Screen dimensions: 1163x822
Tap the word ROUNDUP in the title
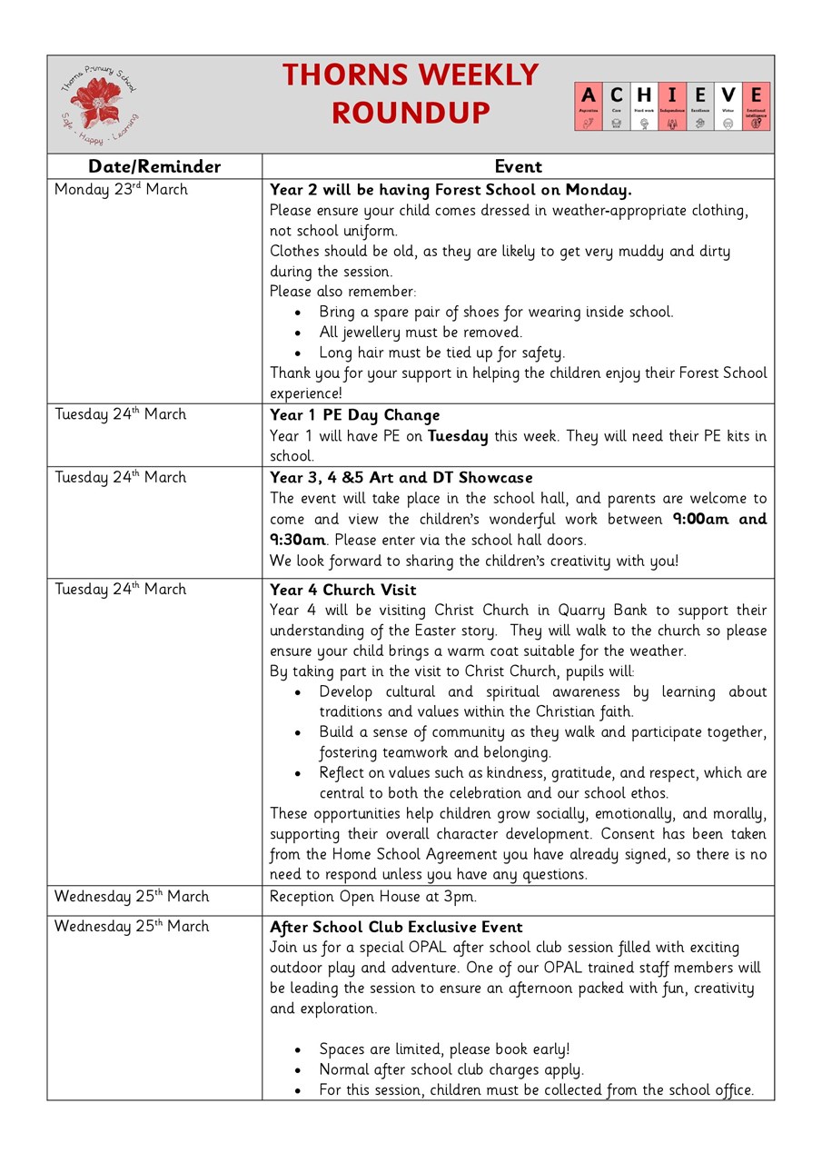click(411, 114)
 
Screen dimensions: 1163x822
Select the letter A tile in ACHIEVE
click(589, 106)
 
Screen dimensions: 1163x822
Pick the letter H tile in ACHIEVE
click(644, 106)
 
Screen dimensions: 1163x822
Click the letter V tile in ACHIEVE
click(728, 106)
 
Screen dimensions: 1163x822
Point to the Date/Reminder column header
click(154, 166)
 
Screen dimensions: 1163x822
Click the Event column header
click(518, 166)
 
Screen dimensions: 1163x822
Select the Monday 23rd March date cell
click(122, 190)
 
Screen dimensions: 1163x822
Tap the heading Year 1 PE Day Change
click(354, 415)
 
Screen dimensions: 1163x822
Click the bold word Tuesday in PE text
click(458, 436)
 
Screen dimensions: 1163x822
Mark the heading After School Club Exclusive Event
click(396, 928)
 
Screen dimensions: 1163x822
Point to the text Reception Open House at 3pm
click(372, 897)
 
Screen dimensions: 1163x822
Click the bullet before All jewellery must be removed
click(298, 333)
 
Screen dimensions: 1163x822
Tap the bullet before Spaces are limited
click(298, 1050)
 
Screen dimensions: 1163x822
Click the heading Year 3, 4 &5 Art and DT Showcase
click(401, 478)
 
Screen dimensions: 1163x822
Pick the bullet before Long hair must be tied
click(298, 353)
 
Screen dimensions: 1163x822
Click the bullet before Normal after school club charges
click(298, 1071)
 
